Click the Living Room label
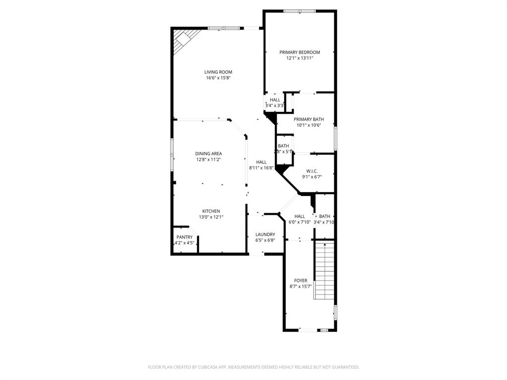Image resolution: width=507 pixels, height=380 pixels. click(218, 72)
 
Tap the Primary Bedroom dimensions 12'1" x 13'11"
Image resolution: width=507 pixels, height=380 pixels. click(300, 58)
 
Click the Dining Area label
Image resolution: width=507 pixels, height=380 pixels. click(208, 153)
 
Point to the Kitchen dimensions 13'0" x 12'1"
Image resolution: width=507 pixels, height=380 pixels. click(210, 217)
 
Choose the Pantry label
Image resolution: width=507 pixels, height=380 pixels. click(184, 237)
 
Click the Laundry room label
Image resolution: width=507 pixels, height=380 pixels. click(265, 234)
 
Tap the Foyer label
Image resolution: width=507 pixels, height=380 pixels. click(300, 281)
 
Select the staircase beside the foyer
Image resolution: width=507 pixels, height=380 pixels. click(325, 272)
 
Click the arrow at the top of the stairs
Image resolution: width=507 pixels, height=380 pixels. click(325, 244)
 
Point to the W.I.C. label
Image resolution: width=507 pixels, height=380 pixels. click(311, 171)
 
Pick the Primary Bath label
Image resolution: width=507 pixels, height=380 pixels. click(308, 119)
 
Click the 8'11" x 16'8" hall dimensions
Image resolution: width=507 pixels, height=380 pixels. click(261, 168)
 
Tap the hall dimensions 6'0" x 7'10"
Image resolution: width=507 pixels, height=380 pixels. click(300, 222)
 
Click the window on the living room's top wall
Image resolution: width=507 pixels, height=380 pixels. click(224, 28)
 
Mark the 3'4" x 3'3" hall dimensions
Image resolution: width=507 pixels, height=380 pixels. click(274, 105)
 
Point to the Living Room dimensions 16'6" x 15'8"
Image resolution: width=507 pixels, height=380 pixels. click(218, 78)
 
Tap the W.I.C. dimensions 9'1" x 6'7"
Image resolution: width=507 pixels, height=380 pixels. click(311, 177)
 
